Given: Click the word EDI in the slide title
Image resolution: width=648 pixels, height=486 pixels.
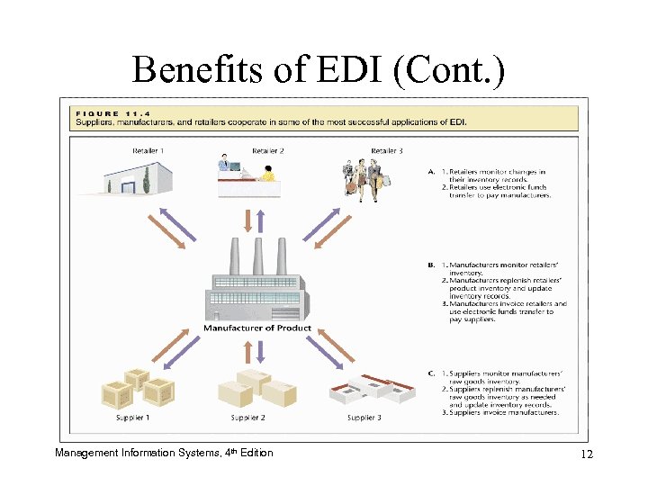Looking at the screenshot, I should click(x=346, y=70).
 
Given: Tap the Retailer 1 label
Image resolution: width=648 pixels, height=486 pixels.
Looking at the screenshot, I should click(x=148, y=150).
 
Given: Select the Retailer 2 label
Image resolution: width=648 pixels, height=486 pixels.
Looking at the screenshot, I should click(x=267, y=150).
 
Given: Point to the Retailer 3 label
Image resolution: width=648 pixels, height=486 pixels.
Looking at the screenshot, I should click(x=387, y=150).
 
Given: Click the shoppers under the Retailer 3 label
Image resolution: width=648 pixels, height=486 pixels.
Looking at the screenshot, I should click(x=366, y=177).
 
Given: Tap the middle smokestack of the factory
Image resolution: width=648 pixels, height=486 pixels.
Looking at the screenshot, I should click(x=258, y=256).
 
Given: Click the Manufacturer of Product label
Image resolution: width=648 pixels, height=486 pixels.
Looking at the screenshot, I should click(x=257, y=328).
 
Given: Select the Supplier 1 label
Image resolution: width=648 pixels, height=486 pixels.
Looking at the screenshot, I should click(x=132, y=418).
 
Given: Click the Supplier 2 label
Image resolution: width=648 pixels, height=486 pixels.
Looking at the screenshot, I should click(x=247, y=418).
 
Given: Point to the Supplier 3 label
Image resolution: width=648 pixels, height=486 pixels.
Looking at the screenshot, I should click(x=364, y=418).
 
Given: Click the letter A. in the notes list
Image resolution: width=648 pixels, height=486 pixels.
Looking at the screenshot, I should click(x=433, y=172).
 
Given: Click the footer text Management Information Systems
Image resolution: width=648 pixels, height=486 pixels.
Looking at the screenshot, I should click(x=136, y=453).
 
